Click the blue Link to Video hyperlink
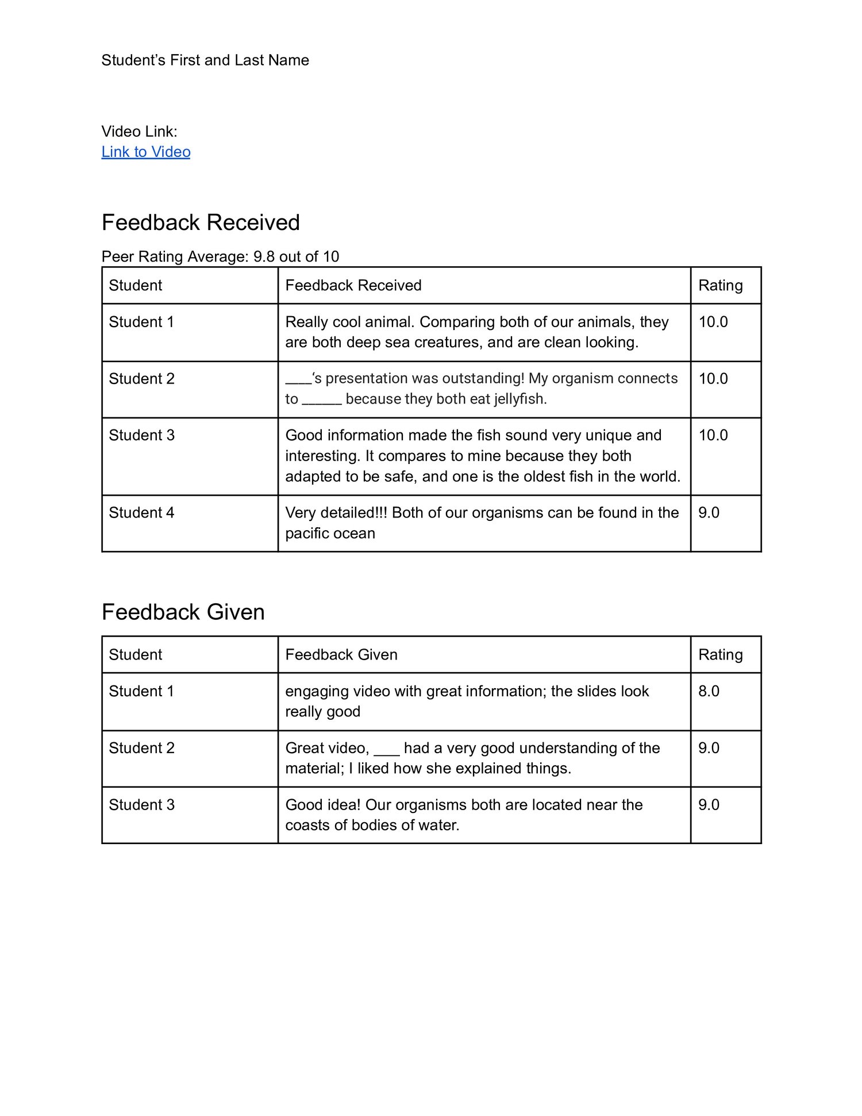[x=146, y=152]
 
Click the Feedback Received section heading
[x=201, y=223]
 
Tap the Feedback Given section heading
[x=183, y=612]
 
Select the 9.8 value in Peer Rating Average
[x=264, y=256]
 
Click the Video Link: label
[x=139, y=132]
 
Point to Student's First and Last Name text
[x=205, y=60]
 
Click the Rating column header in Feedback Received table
[x=720, y=285]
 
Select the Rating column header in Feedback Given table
[x=720, y=654]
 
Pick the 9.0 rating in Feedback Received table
[x=709, y=513]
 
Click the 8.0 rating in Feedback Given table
[x=709, y=691]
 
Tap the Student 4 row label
[x=141, y=513]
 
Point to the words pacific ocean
[x=330, y=534]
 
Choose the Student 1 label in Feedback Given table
[x=141, y=691]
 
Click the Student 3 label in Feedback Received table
[x=141, y=435]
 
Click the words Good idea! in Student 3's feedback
[x=323, y=805]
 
